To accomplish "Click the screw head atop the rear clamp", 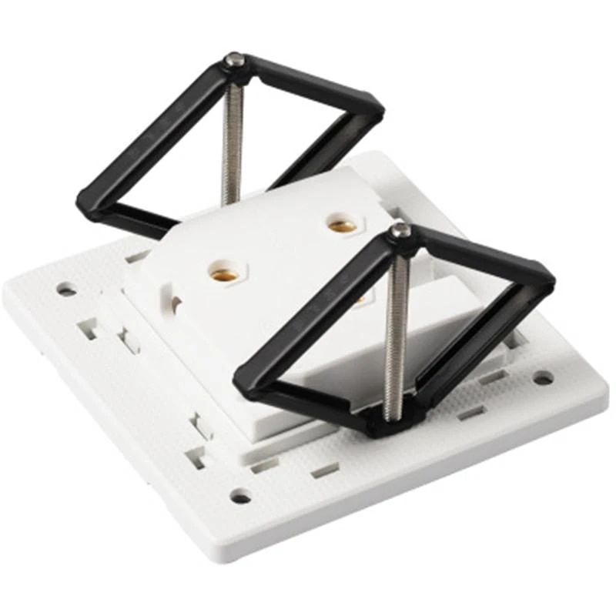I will click(236, 59).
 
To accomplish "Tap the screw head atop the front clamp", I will click(400, 229).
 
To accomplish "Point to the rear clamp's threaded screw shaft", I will click(233, 139).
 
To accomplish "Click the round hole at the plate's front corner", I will click(240, 497).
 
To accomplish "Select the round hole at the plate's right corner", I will click(544, 378).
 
